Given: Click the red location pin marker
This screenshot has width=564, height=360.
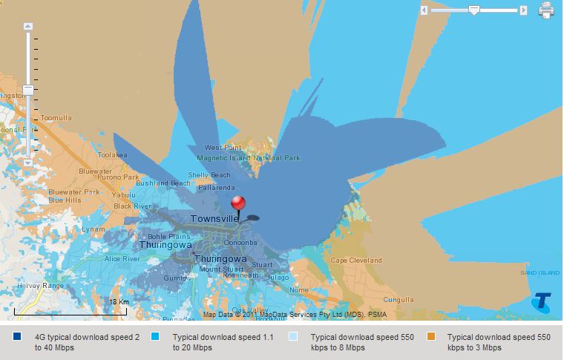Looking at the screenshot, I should point(238,203).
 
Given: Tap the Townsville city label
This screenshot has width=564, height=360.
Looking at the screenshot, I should point(214,219).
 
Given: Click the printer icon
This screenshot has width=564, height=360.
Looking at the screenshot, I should point(546,10).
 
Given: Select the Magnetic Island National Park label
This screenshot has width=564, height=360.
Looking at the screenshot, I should point(249,158).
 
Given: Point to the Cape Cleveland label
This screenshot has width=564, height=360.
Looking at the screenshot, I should point(356,261).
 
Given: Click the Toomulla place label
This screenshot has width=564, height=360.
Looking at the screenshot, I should point(56,118).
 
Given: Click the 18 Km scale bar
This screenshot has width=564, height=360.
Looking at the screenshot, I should point(70,311).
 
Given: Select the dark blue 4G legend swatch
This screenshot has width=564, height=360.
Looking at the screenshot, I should point(17,337).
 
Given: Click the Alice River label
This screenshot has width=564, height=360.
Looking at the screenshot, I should point(122,259).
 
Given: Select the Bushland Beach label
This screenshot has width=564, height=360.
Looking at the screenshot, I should point(163,183).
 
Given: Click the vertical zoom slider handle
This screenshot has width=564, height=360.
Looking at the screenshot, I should point(28,91).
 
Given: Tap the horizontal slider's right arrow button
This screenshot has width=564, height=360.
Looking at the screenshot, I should point(523,10).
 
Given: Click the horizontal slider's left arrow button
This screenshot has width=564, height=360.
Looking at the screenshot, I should point(424,10).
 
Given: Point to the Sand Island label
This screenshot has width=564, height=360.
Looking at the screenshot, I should point(539,273).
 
